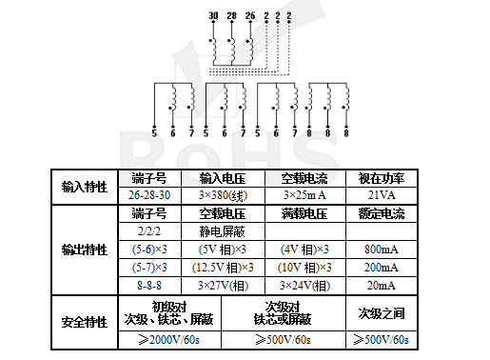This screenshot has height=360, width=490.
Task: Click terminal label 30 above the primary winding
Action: point(213,16)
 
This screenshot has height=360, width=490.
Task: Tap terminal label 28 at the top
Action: point(231,16)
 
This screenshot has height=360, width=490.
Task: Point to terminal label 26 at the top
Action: point(250,16)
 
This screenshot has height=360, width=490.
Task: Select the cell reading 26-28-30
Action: point(149,193)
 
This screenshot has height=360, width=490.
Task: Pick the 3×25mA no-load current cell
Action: point(304,193)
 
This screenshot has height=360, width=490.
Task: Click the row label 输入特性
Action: point(84,186)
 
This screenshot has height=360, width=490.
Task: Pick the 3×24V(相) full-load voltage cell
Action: point(304,285)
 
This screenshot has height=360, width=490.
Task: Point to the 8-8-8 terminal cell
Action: point(149,285)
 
